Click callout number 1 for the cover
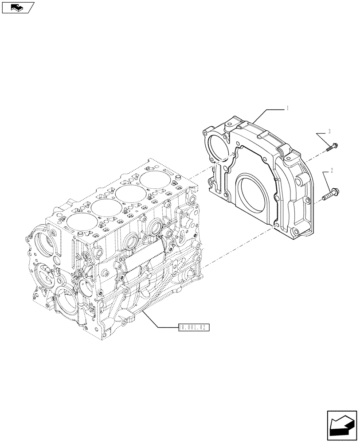click(288, 108)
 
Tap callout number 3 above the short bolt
click(329, 132)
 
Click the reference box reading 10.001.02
click(193, 327)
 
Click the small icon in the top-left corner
click(17, 7)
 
